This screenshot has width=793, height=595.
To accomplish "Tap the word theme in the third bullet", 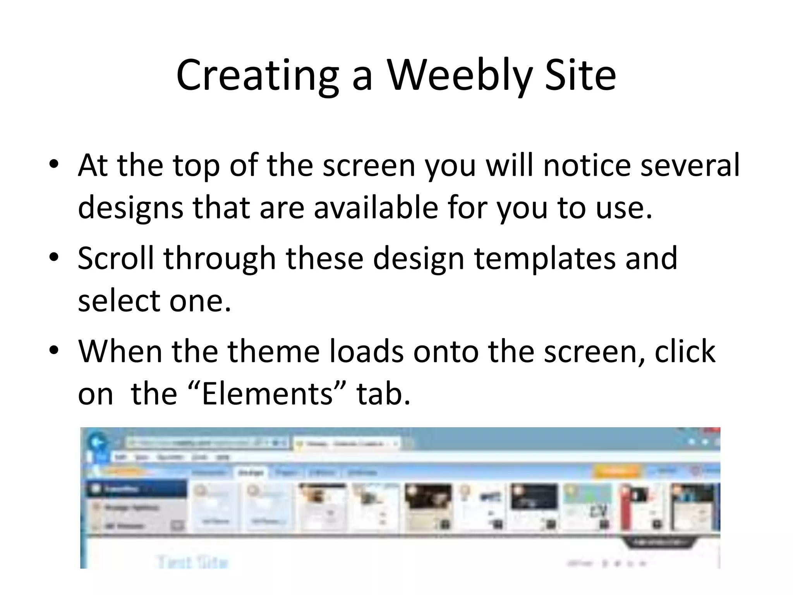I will point(273,351).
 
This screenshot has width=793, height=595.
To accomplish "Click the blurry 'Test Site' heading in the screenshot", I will point(192,562).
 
